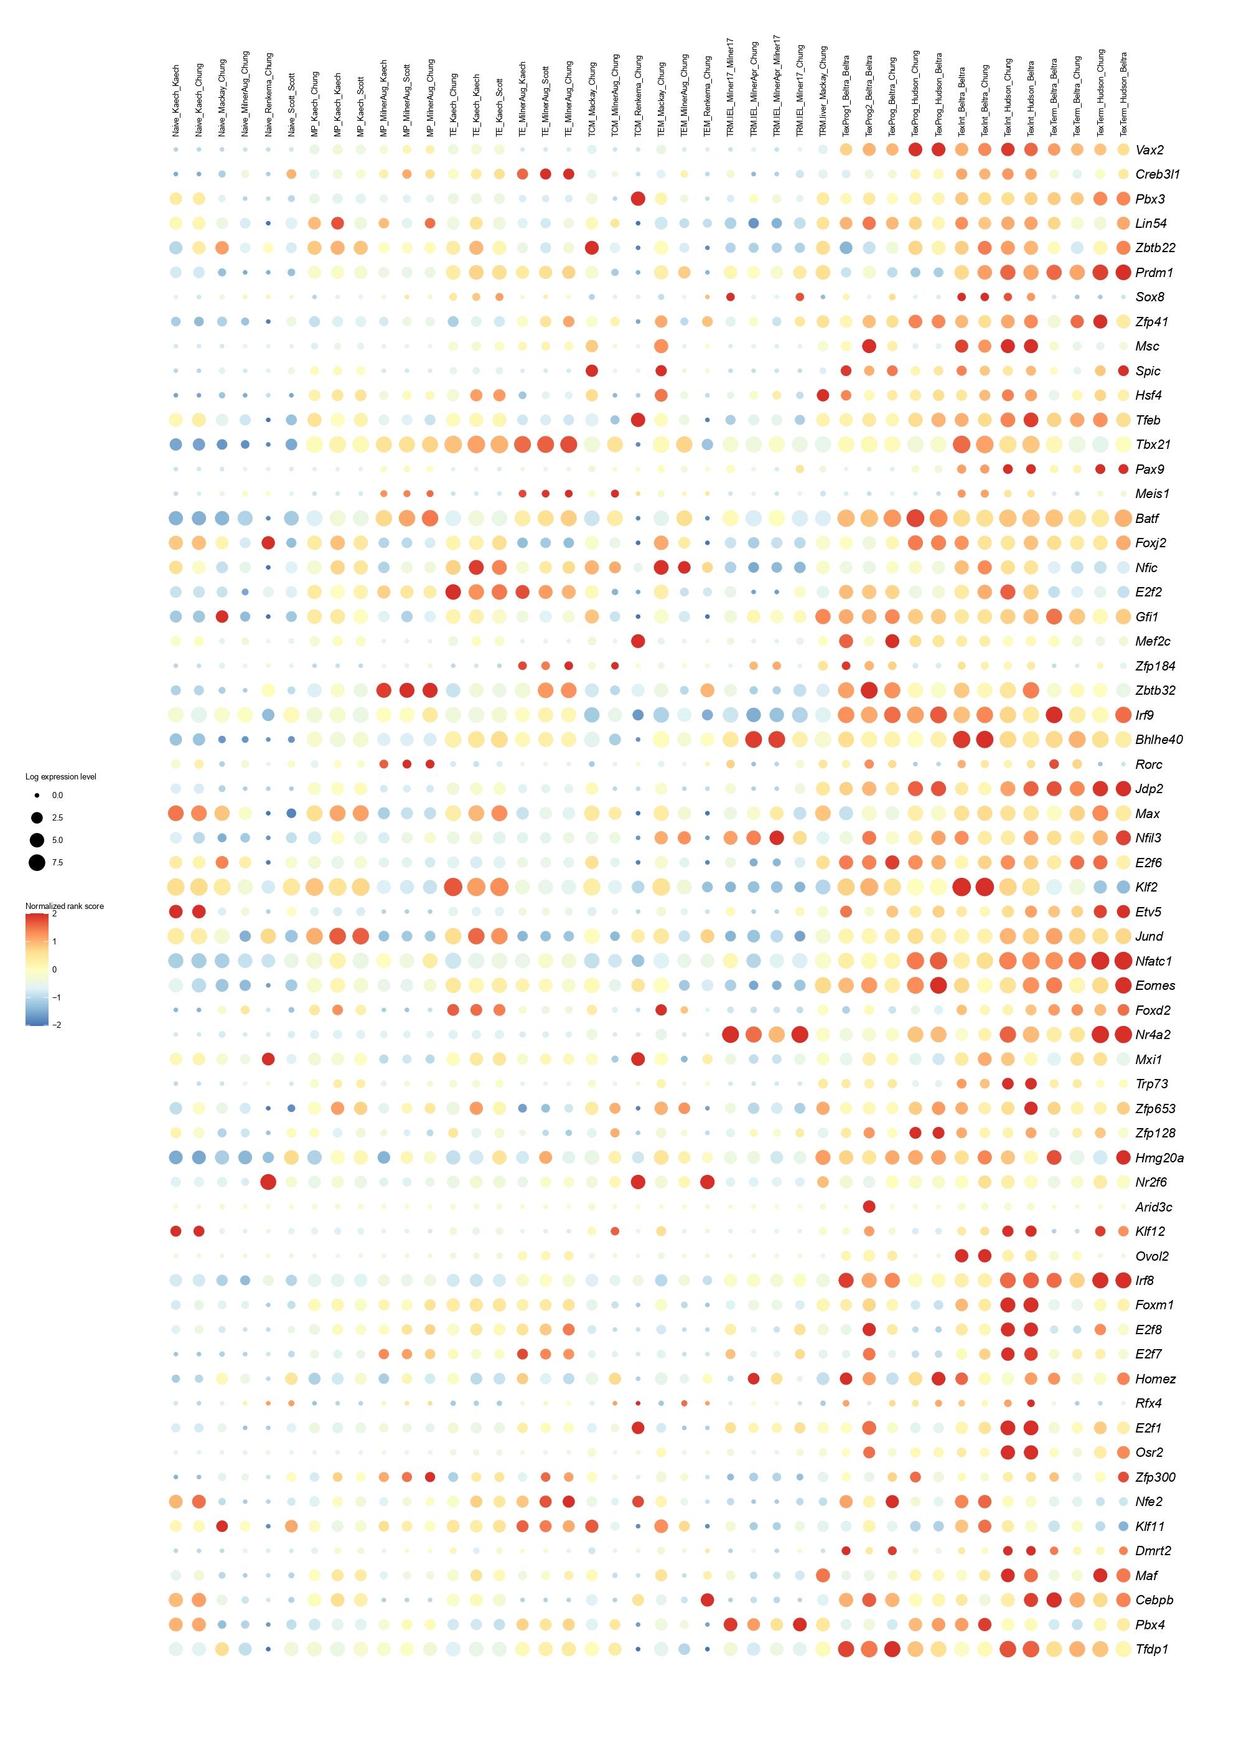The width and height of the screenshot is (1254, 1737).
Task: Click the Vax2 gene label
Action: [1148, 150]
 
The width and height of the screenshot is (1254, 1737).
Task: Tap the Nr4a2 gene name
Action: [1152, 1035]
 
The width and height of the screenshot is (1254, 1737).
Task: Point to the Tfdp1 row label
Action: [1151, 1649]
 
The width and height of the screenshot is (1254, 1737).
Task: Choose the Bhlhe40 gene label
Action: [1158, 740]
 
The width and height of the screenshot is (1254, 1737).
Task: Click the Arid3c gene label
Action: [1153, 1207]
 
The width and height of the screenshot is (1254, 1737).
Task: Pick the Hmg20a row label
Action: [1159, 1158]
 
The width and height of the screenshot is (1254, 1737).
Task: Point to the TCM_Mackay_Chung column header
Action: [592, 100]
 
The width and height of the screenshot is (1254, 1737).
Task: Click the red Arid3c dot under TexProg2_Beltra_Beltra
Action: [869, 1207]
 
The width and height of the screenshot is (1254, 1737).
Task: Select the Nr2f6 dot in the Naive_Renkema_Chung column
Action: [268, 1182]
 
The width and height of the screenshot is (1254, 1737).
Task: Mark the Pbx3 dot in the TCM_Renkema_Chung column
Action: [638, 199]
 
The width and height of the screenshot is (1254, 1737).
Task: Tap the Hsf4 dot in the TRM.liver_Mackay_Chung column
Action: [823, 395]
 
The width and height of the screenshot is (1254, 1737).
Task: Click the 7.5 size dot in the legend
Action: [37, 862]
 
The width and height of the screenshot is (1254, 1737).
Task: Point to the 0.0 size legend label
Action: [57, 796]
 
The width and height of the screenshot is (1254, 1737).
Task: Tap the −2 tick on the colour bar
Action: [57, 1025]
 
